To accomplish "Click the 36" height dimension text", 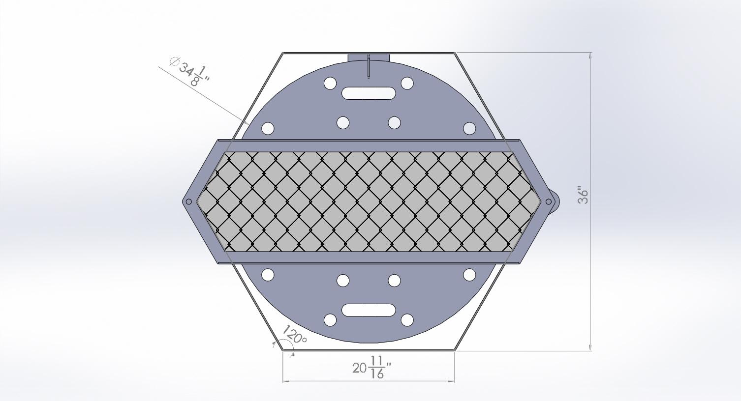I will point(583,195).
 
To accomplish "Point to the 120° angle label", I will point(295,337).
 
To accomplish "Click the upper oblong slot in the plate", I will point(369,93).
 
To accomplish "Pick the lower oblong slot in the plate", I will point(369,310).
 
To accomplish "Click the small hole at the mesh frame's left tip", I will point(189,201).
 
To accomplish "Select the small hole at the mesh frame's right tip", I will point(549,201).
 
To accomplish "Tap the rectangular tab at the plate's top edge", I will point(369,57).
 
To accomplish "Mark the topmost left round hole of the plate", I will point(330,83).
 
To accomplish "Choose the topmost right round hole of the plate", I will point(407,83).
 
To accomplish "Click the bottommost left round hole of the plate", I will point(330,320).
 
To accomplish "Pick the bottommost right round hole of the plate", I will point(407,320).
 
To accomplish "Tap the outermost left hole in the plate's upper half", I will point(268,129).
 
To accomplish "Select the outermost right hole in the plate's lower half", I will point(469,274).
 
